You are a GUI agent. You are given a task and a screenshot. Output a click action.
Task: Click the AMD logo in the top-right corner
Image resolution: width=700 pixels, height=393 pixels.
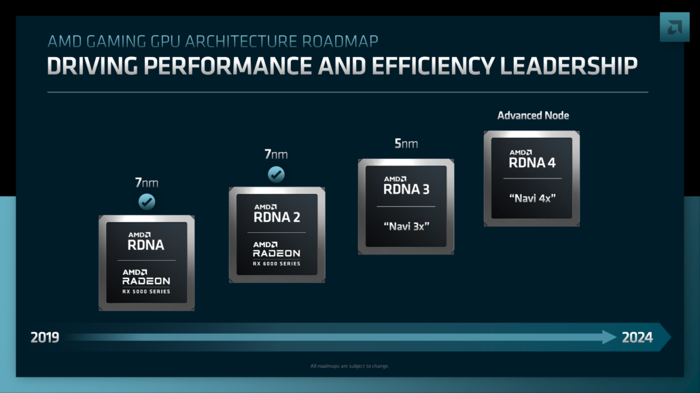point(673,27)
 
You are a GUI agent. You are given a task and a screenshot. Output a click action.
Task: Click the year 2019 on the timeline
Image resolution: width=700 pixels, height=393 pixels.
point(45,337)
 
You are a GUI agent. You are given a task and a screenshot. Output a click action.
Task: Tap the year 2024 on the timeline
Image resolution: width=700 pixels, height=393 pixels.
point(637,337)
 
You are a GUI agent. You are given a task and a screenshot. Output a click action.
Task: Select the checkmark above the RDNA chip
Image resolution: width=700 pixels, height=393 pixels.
point(147,202)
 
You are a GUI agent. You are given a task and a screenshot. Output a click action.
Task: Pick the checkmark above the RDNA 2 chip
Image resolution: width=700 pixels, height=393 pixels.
point(276,174)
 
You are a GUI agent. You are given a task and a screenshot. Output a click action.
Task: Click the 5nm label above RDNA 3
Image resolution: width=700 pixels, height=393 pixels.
point(406,143)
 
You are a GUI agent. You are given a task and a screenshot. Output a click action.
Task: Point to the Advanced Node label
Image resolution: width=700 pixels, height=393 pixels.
point(533,115)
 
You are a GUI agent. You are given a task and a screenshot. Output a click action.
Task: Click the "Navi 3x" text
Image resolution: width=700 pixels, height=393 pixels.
point(406,226)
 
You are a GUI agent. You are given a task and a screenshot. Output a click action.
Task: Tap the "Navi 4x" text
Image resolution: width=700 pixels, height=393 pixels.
point(532,198)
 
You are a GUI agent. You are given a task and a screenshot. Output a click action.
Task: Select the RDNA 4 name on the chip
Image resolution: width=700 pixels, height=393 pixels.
point(532,162)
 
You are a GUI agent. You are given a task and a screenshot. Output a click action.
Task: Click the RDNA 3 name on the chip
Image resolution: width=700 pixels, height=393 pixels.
point(406,189)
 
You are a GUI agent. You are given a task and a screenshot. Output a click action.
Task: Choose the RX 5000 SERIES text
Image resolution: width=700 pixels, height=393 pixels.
point(146,292)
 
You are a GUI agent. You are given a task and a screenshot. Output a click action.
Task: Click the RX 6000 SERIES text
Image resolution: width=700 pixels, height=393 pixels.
point(276,263)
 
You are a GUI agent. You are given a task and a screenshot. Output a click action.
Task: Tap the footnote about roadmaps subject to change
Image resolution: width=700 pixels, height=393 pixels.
point(349,366)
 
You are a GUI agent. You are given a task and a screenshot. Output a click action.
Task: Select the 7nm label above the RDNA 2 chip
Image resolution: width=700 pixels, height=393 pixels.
point(276,154)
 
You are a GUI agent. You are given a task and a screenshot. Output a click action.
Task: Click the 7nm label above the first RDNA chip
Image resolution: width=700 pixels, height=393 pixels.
point(146,182)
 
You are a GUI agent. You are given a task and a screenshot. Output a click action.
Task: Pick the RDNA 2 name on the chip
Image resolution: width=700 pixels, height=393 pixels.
point(277,217)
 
